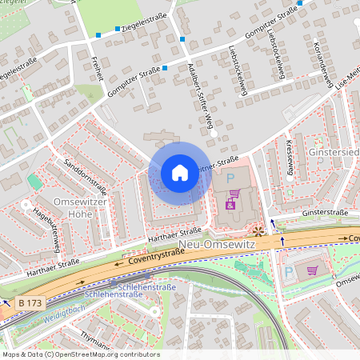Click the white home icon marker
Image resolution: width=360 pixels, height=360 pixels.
179,172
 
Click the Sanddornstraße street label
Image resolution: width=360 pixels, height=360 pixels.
86,178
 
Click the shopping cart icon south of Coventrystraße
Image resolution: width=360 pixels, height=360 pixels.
312,270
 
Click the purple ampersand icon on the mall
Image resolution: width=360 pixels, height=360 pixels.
230,206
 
